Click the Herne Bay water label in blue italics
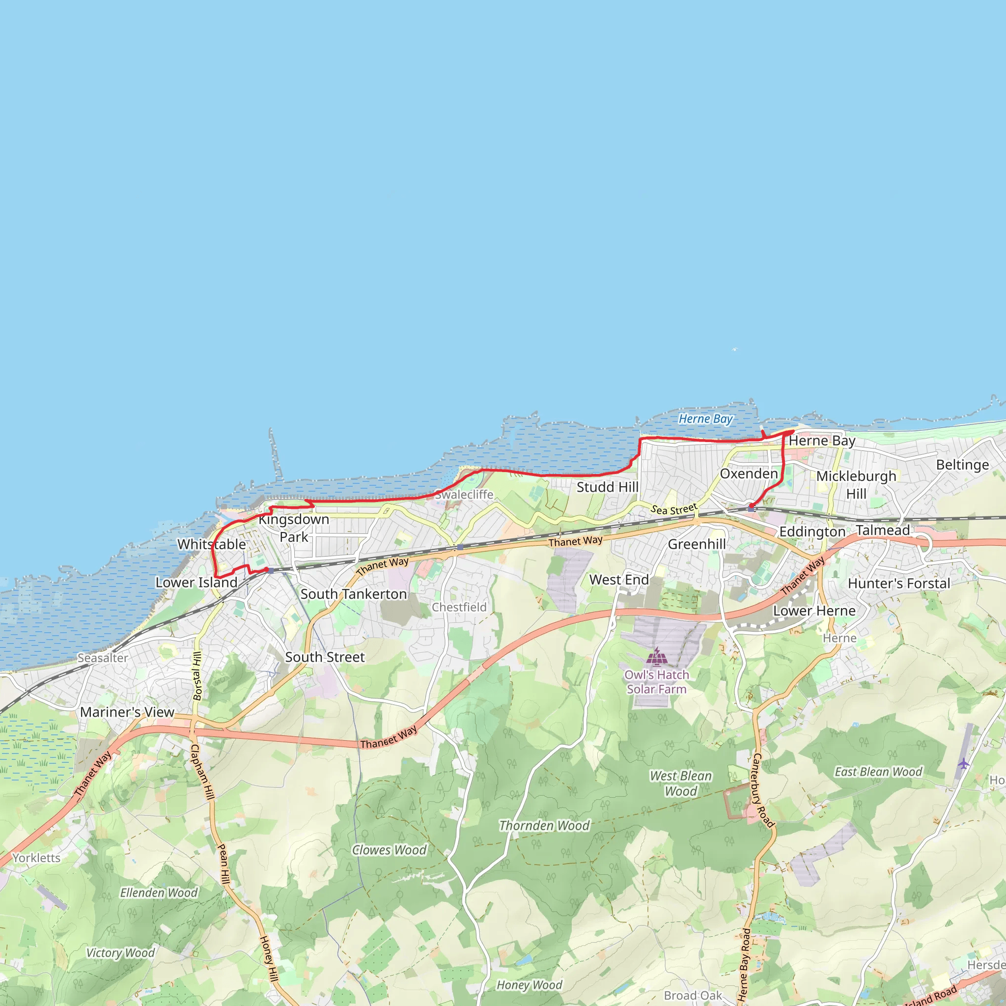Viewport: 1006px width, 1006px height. click(x=705, y=419)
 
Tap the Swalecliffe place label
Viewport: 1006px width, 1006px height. click(x=464, y=495)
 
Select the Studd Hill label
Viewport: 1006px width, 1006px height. click(x=607, y=487)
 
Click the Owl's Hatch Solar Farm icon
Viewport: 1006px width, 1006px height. click(x=657, y=657)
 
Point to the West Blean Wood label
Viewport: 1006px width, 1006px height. click(x=680, y=783)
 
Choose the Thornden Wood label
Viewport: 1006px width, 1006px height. click(x=544, y=825)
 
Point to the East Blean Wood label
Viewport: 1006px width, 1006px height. click(x=878, y=772)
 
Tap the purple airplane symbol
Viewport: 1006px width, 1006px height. click(x=964, y=764)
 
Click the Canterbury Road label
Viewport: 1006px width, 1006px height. click(x=763, y=790)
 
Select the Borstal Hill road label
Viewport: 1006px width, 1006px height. click(x=197, y=676)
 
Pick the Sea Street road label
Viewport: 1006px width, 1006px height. click(x=674, y=509)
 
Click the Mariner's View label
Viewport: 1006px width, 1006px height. click(x=127, y=712)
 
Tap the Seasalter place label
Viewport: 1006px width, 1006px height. click(x=103, y=658)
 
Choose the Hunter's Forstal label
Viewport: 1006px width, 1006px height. click(x=899, y=584)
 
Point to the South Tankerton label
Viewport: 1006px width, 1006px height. click(x=354, y=594)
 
